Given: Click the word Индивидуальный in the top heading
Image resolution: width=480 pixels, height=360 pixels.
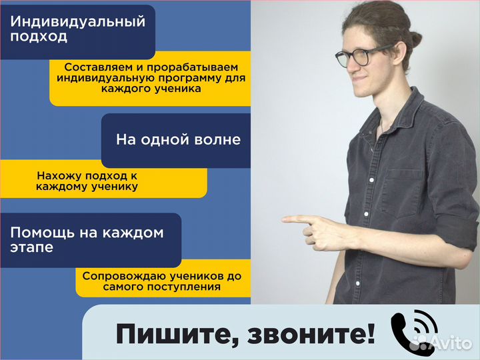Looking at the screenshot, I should pyautogui.click(x=78, y=21).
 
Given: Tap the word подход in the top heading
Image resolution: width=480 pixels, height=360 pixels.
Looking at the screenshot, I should pyautogui.click(x=39, y=37).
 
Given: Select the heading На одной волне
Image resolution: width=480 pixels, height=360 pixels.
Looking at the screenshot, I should pyautogui.click(x=178, y=140).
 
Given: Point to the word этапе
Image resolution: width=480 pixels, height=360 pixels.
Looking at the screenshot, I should pyautogui.click(x=33, y=248).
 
